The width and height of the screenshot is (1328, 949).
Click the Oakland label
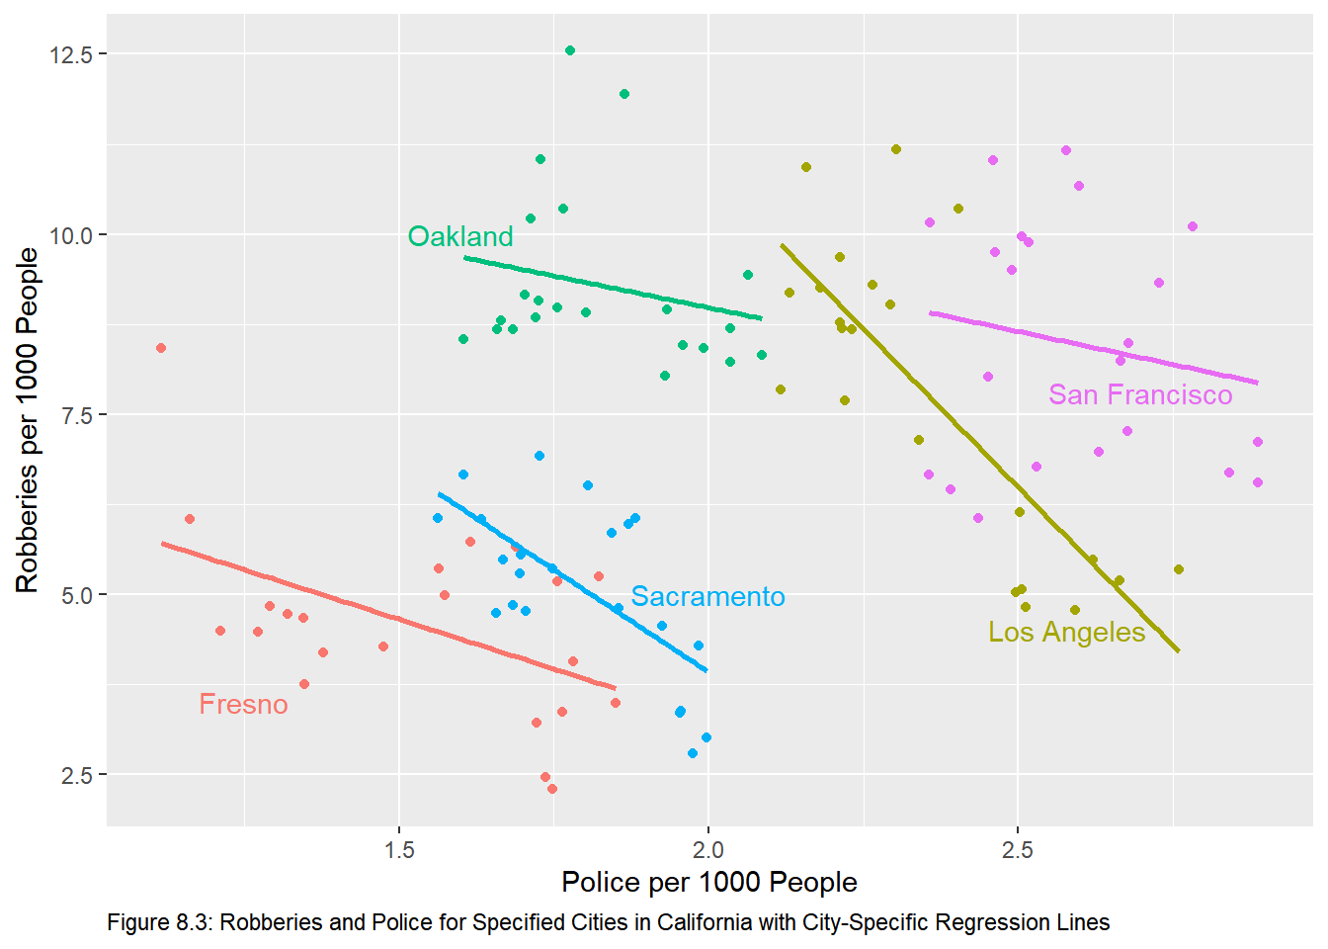[x=460, y=237]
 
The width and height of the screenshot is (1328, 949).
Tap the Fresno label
[x=243, y=705]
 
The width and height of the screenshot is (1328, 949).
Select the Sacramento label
[x=707, y=597]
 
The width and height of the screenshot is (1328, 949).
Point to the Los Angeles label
[x=1066, y=633]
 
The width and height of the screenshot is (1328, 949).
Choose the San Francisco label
[x=1140, y=395]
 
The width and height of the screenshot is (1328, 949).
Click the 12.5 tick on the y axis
[x=71, y=54]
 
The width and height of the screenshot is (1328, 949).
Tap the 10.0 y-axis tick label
[x=71, y=235]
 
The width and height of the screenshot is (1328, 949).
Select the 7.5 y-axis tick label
[x=76, y=415]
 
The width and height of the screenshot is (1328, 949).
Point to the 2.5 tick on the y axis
[x=76, y=775]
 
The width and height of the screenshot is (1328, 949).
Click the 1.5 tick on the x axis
[x=399, y=849]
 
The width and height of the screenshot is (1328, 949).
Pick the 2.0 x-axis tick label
[x=707, y=849]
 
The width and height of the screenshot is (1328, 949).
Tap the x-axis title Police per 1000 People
[x=708, y=882]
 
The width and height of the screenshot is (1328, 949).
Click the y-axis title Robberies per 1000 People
[x=28, y=420]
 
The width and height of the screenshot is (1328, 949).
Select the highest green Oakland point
[x=570, y=50]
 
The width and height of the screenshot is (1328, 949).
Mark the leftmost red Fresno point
[x=161, y=348]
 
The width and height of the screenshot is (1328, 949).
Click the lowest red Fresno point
[x=552, y=789]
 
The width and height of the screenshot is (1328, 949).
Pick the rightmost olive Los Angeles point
[x=1178, y=569]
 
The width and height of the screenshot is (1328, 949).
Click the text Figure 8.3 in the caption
[x=158, y=923]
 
